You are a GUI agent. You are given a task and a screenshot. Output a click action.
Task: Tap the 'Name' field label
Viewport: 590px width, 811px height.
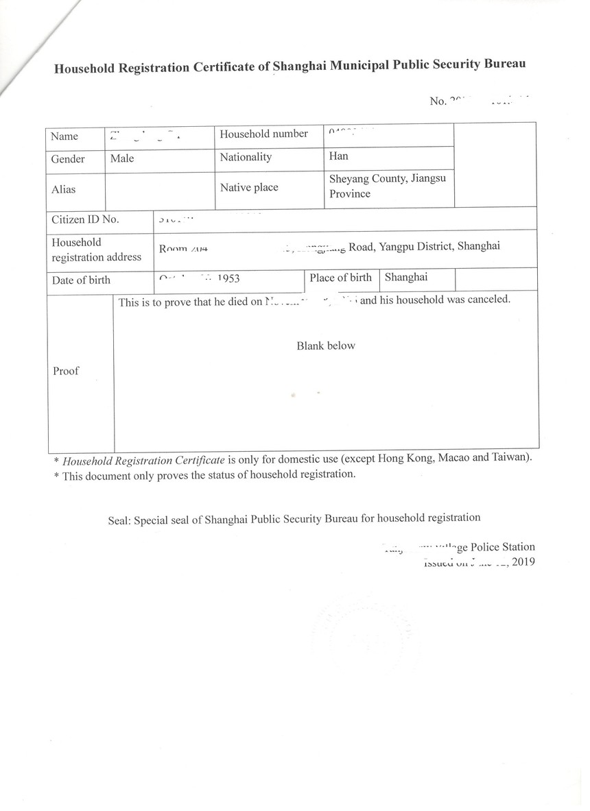[x=64, y=136]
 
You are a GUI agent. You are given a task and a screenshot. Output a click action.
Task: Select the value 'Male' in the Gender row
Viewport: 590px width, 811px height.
[x=122, y=158]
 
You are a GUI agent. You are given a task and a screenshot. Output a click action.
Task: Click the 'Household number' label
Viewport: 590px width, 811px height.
[x=263, y=134]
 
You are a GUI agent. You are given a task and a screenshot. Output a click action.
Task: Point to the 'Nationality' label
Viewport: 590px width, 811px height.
[x=246, y=157]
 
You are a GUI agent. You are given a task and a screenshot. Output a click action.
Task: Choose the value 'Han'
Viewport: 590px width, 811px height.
[x=338, y=156]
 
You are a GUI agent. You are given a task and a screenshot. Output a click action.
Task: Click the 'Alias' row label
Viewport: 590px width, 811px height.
[x=63, y=189]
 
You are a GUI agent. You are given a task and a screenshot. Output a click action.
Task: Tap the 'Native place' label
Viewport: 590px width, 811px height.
[x=248, y=186]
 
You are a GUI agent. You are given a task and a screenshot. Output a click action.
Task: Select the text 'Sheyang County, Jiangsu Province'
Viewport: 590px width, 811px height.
[x=388, y=186]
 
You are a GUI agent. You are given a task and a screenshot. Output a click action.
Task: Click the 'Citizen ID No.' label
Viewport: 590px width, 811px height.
[x=85, y=219]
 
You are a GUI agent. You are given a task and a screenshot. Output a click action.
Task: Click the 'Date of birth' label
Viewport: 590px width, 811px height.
[x=81, y=280]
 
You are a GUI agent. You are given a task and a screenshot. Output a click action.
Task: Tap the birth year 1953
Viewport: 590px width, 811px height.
[x=228, y=279]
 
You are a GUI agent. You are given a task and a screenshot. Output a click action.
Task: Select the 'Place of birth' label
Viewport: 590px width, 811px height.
[x=340, y=278]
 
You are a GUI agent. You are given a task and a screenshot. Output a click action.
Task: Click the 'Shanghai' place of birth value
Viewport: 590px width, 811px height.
[x=406, y=278]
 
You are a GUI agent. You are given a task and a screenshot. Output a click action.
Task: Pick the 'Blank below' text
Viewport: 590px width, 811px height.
[x=326, y=346]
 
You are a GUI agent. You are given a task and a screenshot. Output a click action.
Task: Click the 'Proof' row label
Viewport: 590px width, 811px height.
[x=66, y=371]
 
